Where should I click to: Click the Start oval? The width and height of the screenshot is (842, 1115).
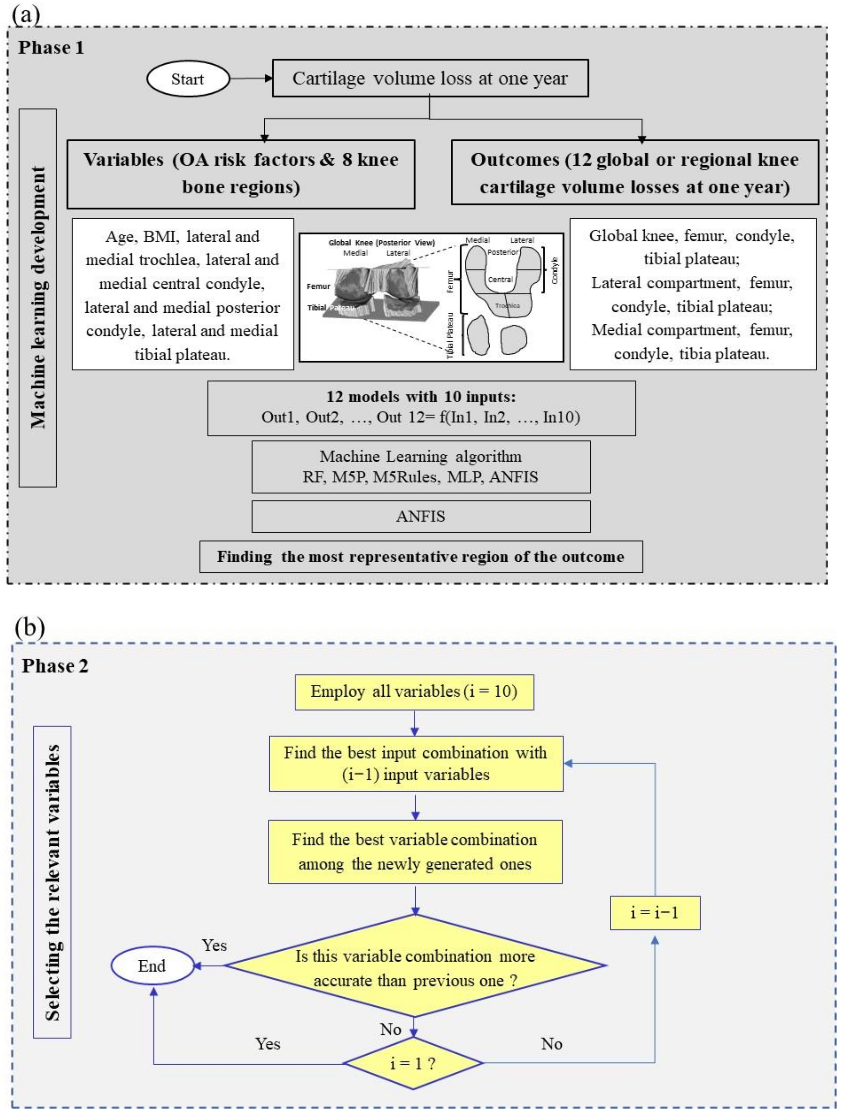point(188,79)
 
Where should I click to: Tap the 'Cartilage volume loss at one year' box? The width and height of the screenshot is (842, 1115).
point(430,79)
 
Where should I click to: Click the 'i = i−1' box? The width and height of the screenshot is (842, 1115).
point(654,912)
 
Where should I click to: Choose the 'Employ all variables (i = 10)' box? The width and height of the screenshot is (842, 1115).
point(414,692)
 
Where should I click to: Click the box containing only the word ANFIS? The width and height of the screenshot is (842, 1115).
point(421,516)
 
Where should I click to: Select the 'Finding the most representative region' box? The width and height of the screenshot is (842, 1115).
point(421,556)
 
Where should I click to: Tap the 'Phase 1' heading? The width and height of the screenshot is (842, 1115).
point(51,48)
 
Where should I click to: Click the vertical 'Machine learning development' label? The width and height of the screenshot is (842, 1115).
point(38,297)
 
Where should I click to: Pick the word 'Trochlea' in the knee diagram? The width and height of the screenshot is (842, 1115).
point(507,306)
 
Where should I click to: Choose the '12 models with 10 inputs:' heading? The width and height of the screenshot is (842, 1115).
point(421,397)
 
